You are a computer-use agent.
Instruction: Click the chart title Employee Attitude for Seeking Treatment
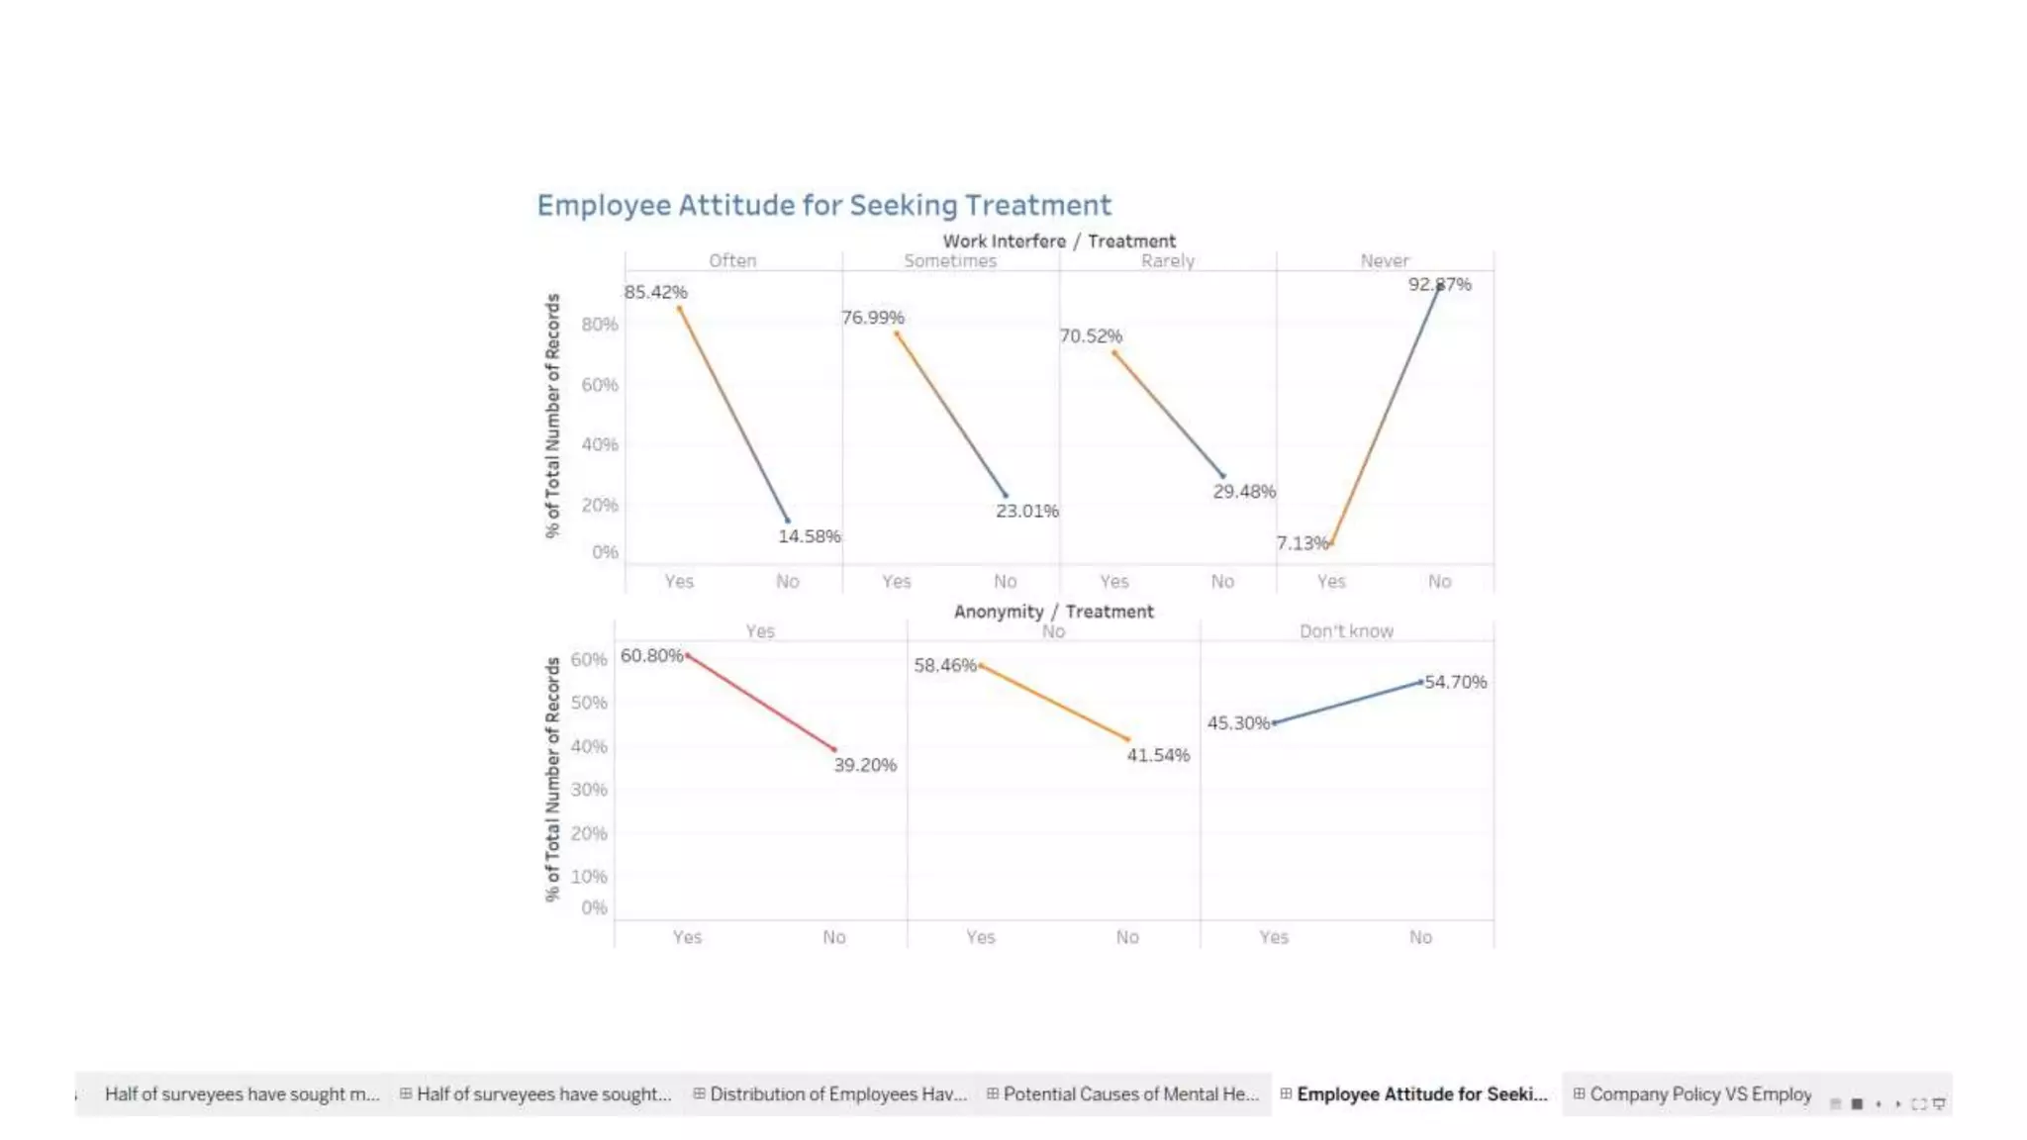coord(823,205)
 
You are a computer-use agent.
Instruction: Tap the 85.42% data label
coord(655,292)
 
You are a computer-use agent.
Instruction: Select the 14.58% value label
coord(809,536)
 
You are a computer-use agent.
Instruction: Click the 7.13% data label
coord(1302,543)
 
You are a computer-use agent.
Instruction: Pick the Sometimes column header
coord(949,261)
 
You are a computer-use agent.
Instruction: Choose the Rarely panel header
coord(1167,261)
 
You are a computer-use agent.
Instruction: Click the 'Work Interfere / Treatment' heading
coord(1058,240)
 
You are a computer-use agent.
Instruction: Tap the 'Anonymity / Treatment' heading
coord(1053,612)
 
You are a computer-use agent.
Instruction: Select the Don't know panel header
coord(1346,631)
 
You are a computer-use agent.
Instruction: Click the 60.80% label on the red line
coord(651,655)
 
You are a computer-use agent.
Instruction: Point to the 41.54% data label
coord(1158,755)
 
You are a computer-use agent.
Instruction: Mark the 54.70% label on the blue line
coord(1455,682)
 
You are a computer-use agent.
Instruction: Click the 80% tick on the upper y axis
coord(599,325)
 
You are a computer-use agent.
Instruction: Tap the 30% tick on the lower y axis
coord(588,790)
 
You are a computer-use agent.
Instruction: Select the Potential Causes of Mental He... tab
coord(1130,1093)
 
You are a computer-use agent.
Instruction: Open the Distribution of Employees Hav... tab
coord(837,1093)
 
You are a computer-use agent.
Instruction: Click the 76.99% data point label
coord(872,318)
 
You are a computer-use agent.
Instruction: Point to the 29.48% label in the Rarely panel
coord(1244,492)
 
